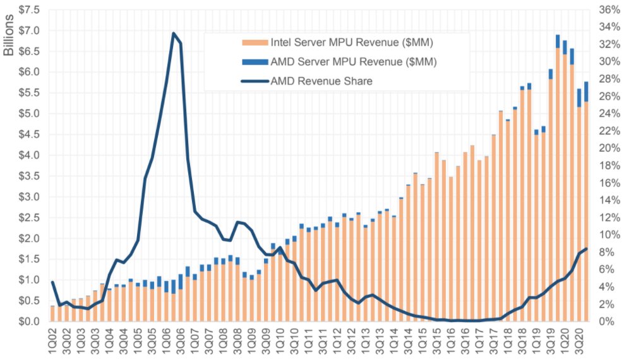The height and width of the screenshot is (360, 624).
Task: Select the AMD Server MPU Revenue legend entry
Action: point(353,62)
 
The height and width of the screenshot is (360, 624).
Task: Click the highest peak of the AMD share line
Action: point(174,33)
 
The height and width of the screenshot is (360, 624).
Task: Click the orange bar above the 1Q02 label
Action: point(52,314)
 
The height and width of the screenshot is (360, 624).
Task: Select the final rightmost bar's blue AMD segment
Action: point(586,92)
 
